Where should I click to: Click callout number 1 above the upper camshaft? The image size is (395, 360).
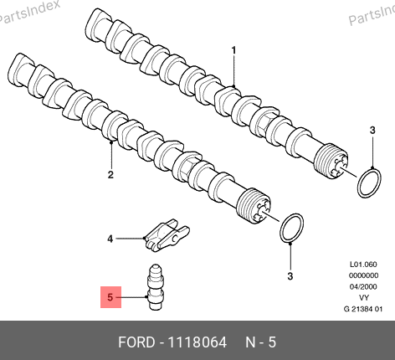pyautogui.click(x=233, y=50)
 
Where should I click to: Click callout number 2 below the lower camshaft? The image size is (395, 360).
pyautogui.click(x=110, y=175)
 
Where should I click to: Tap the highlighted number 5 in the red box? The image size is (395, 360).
pyautogui.click(x=110, y=297)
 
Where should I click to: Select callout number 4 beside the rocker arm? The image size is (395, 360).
pyautogui.click(x=110, y=239)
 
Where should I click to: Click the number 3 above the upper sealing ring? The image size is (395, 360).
pyautogui.click(x=372, y=130)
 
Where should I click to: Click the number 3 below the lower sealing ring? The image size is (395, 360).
pyautogui.click(x=290, y=276)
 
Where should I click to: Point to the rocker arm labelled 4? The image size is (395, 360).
pyautogui.click(x=167, y=235)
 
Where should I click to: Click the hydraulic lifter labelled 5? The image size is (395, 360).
pyautogui.click(x=156, y=287)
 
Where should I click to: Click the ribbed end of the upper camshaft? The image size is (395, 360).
pyautogui.click(x=331, y=161)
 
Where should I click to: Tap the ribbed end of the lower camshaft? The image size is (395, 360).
pyautogui.click(x=253, y=206)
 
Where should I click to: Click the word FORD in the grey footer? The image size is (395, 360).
pyautogui.click(x=136, y=342)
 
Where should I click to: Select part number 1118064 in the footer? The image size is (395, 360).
pyautogui.click(x=197, y=342)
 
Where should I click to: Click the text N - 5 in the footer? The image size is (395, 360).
pyautogui.click(x=260, y=342)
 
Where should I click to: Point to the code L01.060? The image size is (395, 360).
pyautogui.click(x=363, y=265)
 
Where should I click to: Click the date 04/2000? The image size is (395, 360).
pyautogui.click(x=363, y=286)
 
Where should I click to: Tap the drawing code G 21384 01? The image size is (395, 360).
pyautogui.click(x=363, y=309)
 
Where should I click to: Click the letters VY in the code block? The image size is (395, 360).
pyautogui.click(x=363, y=298)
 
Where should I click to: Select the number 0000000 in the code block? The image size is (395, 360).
pyautogui.click(x=363, y=275)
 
